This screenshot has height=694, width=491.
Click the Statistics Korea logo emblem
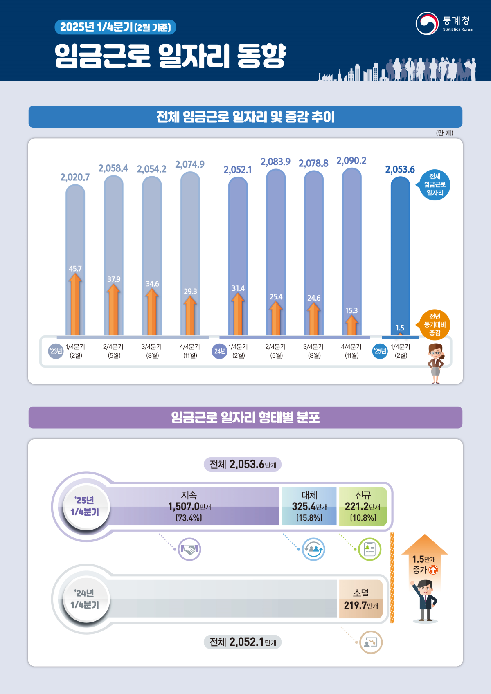pyautogui.click(x=427, y=24)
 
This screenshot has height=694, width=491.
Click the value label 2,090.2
pyautogui.click(x=351, y=161)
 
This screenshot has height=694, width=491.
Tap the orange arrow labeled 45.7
pyautogui.click(x=75, y=305)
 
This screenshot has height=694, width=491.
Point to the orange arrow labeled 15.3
pyautogui.click(x=351, y=326)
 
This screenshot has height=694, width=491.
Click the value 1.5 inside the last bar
pyautogui.click(x=400, y=328)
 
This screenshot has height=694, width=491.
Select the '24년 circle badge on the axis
pyautogui.click(x=219, y=351)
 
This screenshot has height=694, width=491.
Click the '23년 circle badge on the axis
pyautogui.click(x=56, y=351)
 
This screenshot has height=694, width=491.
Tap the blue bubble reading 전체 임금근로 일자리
pyautogui.click(x=435, y=185)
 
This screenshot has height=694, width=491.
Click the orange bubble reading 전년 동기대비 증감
pyautogui.click(x=435, y=325)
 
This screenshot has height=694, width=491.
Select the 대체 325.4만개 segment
pyautogui.click(x=309, y=506)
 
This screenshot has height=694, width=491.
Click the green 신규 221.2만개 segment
pyautogui.click(x=363, y=506)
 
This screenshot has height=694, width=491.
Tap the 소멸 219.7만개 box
pyautogui.click(x=360, y=599)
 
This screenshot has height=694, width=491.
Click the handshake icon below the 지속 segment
pyautogui.click(x=189, y=549)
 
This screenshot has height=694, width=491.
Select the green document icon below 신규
pyautogui.click(x=369, y=549)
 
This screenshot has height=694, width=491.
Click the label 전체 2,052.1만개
pyautogui.click(x=243, y=642)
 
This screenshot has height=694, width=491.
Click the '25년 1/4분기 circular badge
pyautogui.click(x=85, y=506)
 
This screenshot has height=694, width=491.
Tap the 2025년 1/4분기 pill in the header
pyautogui.click(x=115, y=27)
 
